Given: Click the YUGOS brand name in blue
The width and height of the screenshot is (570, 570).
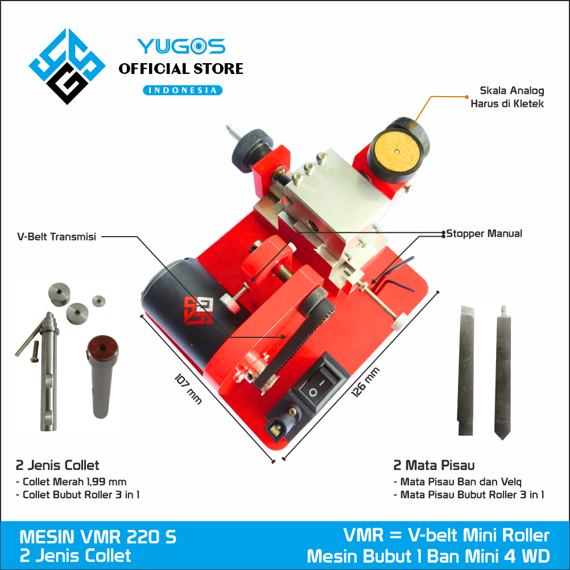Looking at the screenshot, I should [x=180, y=47].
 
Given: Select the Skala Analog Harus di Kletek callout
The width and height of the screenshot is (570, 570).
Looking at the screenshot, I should [x=504, y=97].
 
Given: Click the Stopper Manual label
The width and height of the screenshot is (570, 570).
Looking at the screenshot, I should [x=484, y=233].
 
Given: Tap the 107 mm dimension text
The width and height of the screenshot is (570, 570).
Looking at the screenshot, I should [x=188, y=389].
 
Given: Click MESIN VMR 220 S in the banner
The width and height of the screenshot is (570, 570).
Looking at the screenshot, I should [x=98, y=537].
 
